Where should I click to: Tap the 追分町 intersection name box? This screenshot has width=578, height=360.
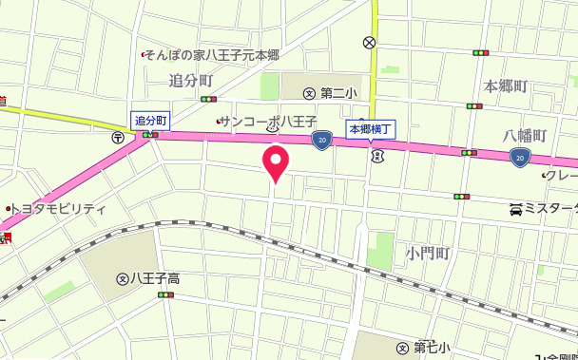click(150, 120)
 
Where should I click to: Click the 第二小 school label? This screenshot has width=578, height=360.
click(337, 93)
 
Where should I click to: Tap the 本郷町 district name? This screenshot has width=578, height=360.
click(505, 86)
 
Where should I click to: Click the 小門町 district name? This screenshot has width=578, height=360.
click(426, 254)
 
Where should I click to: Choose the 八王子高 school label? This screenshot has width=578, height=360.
click(154, 278)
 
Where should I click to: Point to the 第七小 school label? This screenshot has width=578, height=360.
click(432, 348)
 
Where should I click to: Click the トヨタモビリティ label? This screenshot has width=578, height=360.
click(60, 207)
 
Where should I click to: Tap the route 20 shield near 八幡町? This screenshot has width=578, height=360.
click(519, 155)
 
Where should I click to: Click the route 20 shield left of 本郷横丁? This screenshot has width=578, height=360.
click(321, 141)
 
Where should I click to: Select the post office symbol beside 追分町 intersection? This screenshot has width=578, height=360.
click(118, 136)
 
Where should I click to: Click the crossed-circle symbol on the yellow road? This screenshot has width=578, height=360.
click(369, 43)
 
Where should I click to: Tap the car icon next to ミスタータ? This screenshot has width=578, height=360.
click(515, 208)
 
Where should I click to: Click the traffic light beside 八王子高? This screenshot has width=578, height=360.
click(167, 295)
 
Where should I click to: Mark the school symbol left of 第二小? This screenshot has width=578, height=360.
click(309, 93)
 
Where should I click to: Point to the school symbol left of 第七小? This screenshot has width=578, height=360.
click(403, 348)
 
